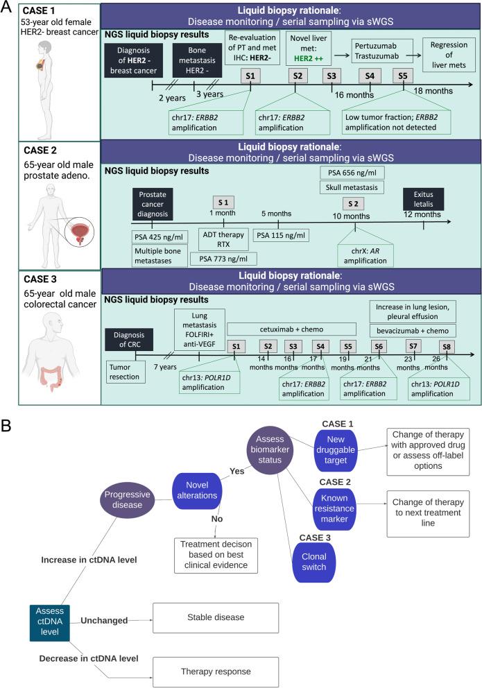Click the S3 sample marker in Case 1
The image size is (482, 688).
[x=332, y=76]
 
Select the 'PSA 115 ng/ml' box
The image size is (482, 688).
[x=280, y=234]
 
